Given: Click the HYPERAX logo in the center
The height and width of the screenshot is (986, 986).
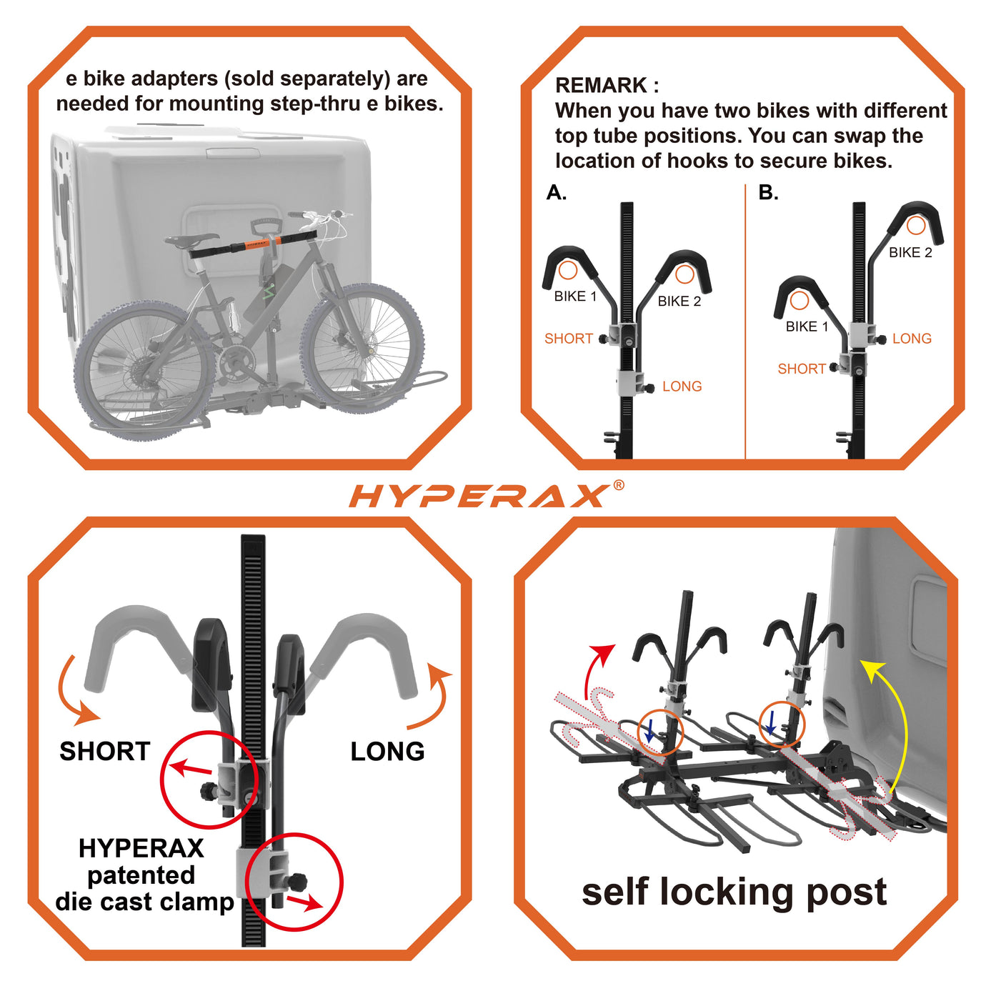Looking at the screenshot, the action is (480, 495).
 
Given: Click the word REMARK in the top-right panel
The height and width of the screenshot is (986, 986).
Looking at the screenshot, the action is (601, 85).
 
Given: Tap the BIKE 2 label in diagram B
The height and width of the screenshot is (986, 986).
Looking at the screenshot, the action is (910, 252).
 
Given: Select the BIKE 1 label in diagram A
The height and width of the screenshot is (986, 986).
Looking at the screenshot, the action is (576, 297).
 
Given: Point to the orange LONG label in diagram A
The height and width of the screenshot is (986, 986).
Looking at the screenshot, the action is (682, 387).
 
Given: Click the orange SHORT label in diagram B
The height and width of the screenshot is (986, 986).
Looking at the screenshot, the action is (802, 369).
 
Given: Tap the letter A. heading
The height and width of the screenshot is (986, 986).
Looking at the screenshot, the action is (557, 192).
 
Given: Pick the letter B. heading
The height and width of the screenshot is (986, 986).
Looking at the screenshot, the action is (769, 192).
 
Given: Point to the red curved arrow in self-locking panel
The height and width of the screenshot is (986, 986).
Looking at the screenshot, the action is (594, 670).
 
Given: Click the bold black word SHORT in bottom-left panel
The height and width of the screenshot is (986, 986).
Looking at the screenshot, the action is (105, 752).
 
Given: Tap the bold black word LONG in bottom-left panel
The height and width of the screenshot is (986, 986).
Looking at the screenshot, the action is (387, 752).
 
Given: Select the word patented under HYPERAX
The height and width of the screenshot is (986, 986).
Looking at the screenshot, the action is (141, 875).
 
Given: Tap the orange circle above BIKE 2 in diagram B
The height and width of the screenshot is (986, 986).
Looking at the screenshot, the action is (916, 225).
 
